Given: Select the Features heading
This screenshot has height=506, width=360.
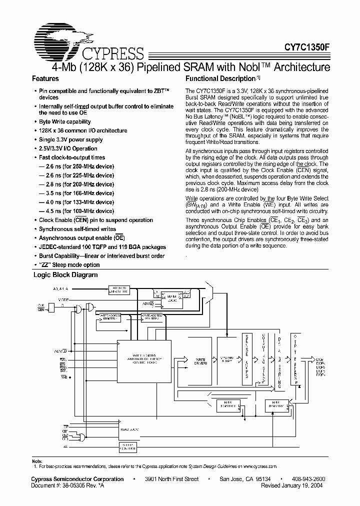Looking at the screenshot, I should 45,79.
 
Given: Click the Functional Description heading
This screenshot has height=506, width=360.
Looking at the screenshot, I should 220,79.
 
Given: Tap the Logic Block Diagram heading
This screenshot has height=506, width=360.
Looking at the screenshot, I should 65,275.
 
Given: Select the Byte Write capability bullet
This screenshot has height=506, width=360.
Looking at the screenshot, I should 65,121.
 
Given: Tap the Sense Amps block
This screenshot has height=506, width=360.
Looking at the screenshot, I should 245,359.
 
